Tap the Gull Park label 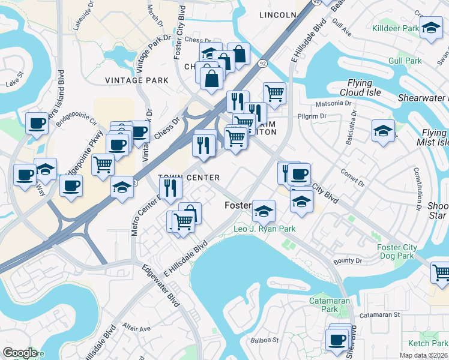405,61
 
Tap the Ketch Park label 427,343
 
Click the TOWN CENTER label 188,178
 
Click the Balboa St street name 268,340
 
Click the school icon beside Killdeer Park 430,28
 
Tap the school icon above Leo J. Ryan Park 264,211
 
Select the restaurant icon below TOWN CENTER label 172,188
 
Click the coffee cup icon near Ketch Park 337,340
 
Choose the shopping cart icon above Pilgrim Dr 274,93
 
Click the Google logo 20,353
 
